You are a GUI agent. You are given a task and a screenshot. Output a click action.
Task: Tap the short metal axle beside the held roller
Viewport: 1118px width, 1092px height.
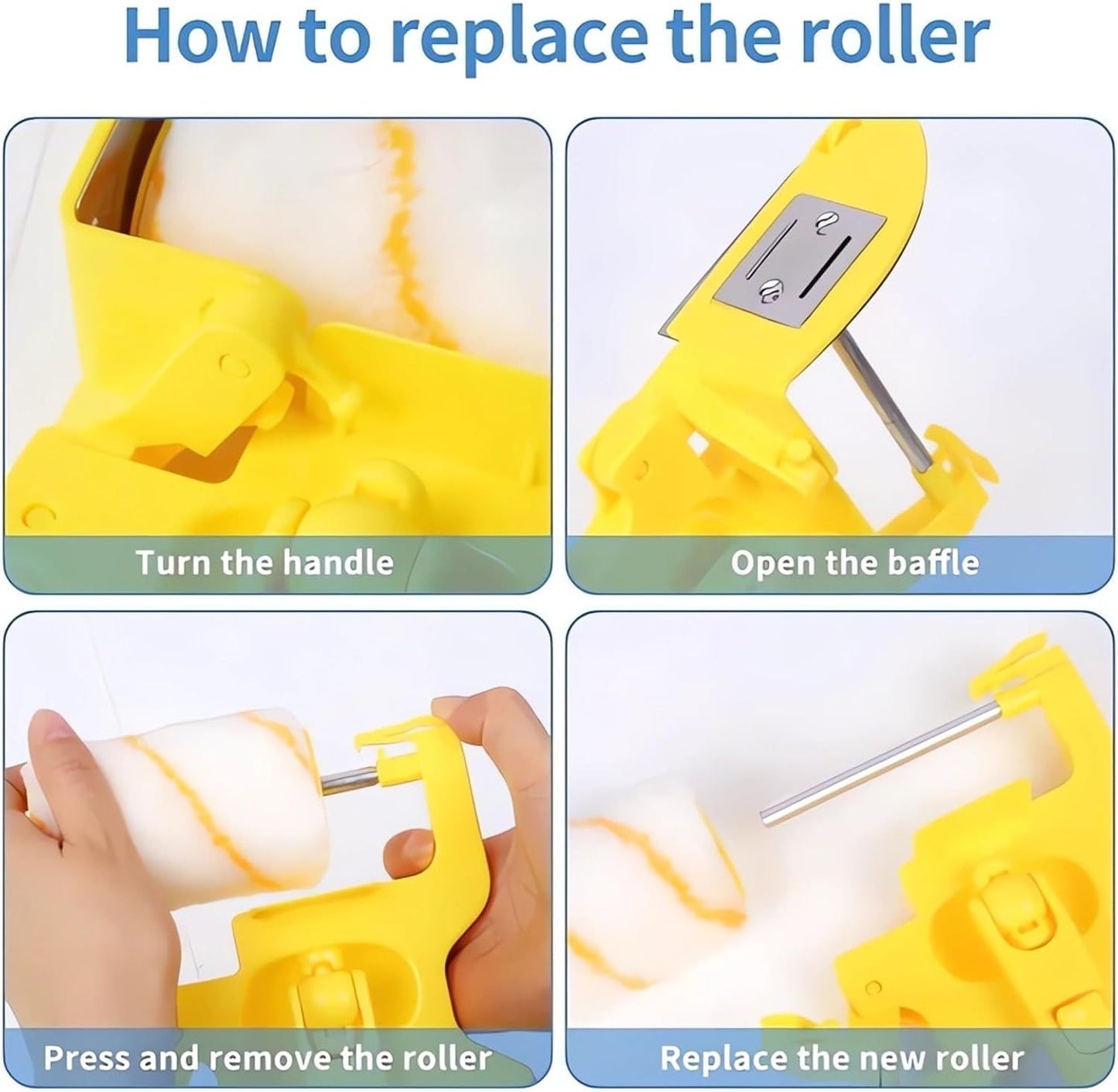pos(348,782)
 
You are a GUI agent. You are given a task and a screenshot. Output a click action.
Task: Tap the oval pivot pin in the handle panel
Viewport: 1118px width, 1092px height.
pos(234,365)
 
